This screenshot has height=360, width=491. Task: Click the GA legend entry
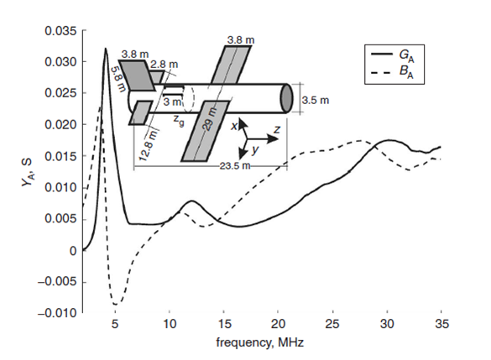pos(393,56)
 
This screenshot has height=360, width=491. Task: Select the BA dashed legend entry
pos(393,72)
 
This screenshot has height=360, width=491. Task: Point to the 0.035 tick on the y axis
pos(60,31)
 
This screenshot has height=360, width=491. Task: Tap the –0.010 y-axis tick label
pos(57,313)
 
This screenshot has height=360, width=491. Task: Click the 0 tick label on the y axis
pos(73,251)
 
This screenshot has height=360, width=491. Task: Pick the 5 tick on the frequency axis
pos(115,324)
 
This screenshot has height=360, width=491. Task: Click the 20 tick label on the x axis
pos(278,324)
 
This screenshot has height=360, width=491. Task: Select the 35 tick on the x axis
pos(441,324)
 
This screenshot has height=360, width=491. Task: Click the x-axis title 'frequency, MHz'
pos(260,342)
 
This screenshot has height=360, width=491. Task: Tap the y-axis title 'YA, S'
pos(27,173)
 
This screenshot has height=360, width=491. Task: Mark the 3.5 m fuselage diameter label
pos(316,101)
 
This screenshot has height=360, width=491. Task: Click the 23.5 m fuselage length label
pos(235,165)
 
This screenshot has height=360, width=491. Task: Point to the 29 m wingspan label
pos(210,119)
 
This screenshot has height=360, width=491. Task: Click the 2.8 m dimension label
pos(164,64)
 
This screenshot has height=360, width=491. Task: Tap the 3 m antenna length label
pos(172,102)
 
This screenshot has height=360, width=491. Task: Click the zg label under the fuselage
pos(179,121)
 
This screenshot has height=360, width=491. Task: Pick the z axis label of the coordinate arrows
pos(276,129)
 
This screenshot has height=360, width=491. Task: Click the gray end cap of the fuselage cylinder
pos(286,98)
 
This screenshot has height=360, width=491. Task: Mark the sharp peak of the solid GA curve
pos(106,48)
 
